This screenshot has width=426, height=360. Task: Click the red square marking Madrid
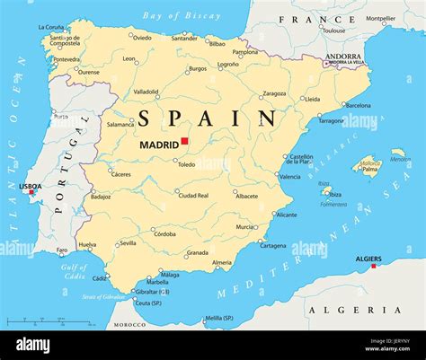click(x=184, y=140)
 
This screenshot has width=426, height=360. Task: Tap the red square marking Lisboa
click(x=31, y=191)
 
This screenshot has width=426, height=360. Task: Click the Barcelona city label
click(x=358, y=105)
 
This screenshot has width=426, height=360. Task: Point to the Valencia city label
click(x=289, y=177)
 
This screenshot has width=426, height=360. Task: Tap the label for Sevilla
click(x=129, y=243)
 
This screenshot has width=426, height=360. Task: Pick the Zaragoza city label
click(x=274, y=92)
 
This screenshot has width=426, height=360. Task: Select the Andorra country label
click(x=343, y=57)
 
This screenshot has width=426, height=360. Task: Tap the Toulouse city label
click(x=333, y=31)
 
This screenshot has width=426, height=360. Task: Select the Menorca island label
click(x=399, y=160)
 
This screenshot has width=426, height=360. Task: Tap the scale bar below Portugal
click(x=49, y=320)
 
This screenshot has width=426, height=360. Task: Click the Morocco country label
click(x=129, y=324)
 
